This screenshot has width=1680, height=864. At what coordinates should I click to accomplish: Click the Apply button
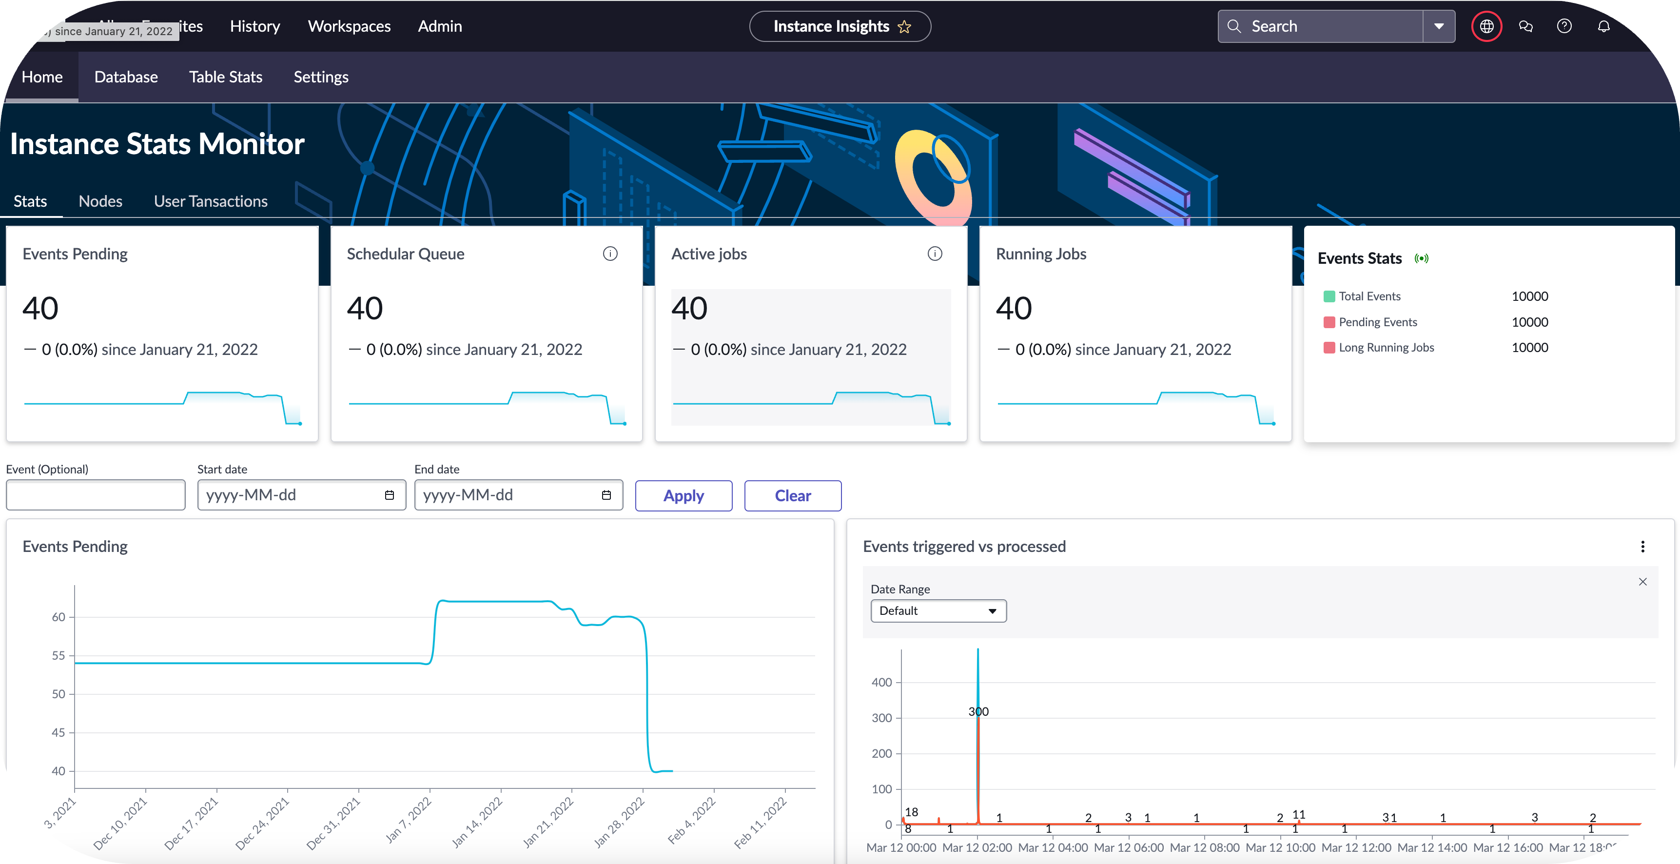[683, 495]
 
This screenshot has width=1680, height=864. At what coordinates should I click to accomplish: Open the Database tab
[126, 77]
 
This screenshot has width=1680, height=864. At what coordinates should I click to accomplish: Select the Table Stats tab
[226, 77]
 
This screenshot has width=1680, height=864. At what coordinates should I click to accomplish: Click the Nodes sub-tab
[100, 201]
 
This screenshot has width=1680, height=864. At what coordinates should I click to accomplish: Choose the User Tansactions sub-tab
[211, 201]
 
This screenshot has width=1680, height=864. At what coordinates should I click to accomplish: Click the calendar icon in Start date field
[390, 495]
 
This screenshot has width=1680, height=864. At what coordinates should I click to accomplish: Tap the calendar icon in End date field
[606, 495]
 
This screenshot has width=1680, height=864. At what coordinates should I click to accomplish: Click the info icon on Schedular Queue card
[610, 254]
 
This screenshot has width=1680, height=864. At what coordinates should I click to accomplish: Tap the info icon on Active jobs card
[935, 254]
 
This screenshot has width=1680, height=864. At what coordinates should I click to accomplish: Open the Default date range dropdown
[938, 611]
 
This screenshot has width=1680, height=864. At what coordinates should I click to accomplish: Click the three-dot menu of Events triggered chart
[1642, 547]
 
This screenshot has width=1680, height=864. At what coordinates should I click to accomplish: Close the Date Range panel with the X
[1642, 582]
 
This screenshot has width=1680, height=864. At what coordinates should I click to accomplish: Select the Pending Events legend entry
[1377, 322]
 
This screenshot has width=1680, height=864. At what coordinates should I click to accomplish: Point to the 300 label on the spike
[978, 711]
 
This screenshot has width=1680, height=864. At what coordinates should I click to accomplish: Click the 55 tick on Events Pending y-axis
[59, 655]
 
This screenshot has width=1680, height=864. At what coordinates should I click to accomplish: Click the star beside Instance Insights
[904, 27]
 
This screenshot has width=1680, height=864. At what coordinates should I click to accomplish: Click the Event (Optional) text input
[95, 495]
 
